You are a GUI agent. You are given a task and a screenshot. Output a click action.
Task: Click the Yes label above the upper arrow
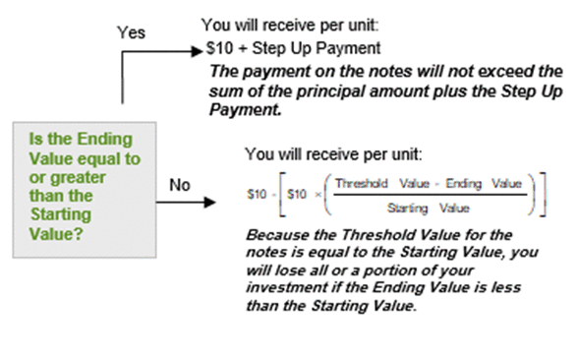point(132,32)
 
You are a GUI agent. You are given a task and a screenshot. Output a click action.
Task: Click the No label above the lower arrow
point(180,185)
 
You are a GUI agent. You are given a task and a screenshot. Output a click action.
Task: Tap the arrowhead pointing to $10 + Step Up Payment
point(198,51)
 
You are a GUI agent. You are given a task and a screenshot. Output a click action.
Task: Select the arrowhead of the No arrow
point(209,203)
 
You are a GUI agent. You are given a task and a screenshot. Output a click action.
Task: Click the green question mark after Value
point(79,234)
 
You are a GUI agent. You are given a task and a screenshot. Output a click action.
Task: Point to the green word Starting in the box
point(61,214)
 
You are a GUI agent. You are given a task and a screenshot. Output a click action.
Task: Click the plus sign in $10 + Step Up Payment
point(242,49)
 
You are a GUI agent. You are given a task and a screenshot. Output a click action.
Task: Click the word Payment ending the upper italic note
point(245,109)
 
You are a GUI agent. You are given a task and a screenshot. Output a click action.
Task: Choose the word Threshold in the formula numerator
point(362,183)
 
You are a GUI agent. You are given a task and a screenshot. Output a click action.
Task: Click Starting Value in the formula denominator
point(428,209)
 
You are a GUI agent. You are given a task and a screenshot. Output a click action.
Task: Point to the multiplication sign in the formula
point(318,195)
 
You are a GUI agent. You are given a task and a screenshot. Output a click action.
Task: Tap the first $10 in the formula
point(257,194)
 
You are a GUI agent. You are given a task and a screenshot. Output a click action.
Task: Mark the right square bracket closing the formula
point(543,195)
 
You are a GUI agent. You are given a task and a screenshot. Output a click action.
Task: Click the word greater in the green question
point(78,178)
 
